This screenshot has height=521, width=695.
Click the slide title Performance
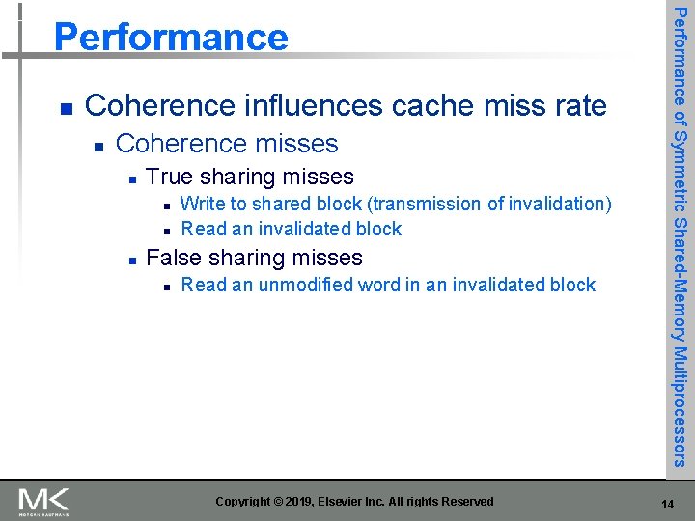pos(171,37)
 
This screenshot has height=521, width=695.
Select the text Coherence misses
pos(227,144)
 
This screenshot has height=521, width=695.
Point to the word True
pos(170,177)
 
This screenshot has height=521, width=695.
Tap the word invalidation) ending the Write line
pos(561,204)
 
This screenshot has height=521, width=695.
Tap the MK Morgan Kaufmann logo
pos(44,501)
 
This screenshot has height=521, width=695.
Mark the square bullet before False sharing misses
pos(131,259)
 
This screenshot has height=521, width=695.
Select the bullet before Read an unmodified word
pos(167,286)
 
